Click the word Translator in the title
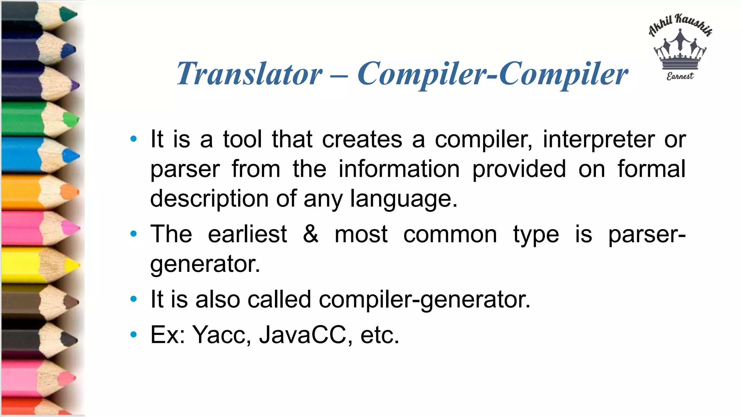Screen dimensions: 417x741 [249, 74]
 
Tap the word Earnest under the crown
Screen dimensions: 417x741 [680, 76]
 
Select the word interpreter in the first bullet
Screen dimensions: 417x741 [598, 139]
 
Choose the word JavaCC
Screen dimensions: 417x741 [302, 334]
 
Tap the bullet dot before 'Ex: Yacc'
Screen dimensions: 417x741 [134, 334]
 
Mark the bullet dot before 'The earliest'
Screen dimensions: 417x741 [134, 234]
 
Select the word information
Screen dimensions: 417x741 [399, 169]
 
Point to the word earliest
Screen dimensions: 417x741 [247, 234]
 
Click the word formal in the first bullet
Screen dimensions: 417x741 [651, 169]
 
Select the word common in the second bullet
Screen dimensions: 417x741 [450, 234]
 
